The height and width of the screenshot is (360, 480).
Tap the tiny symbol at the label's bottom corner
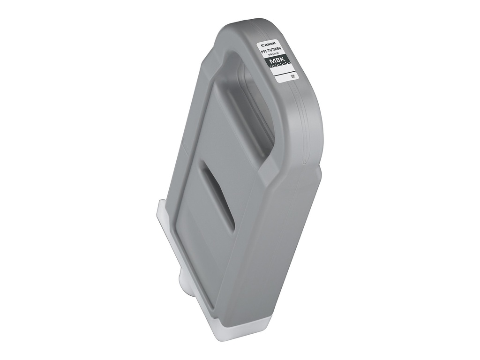pyautogui.click(x=292, y=76)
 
